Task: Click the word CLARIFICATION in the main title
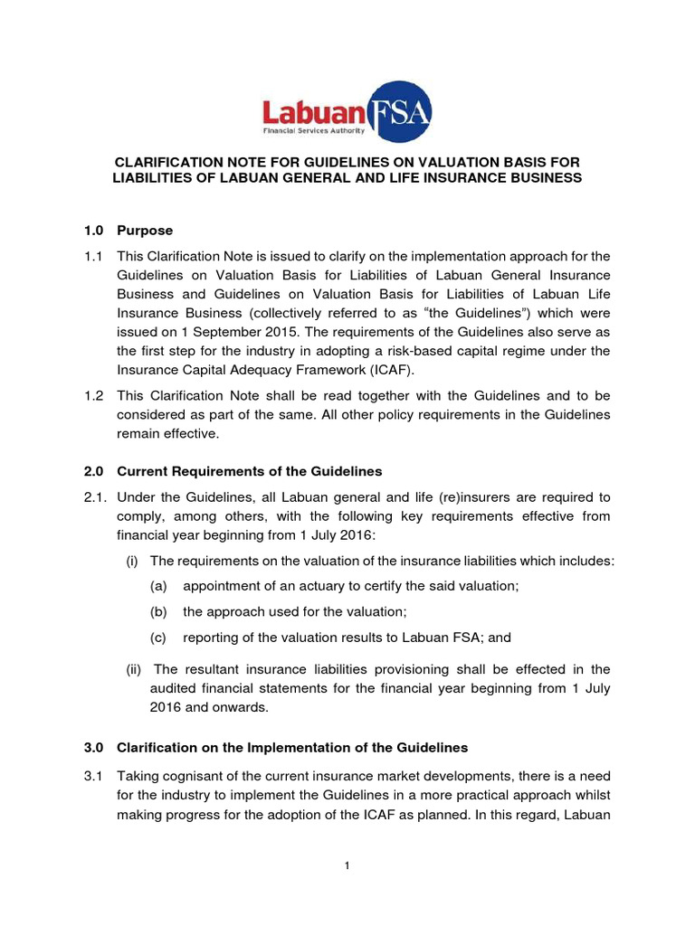(168, 161)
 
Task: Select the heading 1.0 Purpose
(128, 231)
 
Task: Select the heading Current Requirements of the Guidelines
(250, 471)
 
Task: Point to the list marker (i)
(131, 561)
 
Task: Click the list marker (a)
(158, 586)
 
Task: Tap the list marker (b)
(158, 611)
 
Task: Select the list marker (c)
(158, 637)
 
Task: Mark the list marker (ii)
(133, 669)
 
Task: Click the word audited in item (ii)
(176, 688)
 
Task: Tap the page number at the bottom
(347, 866)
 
